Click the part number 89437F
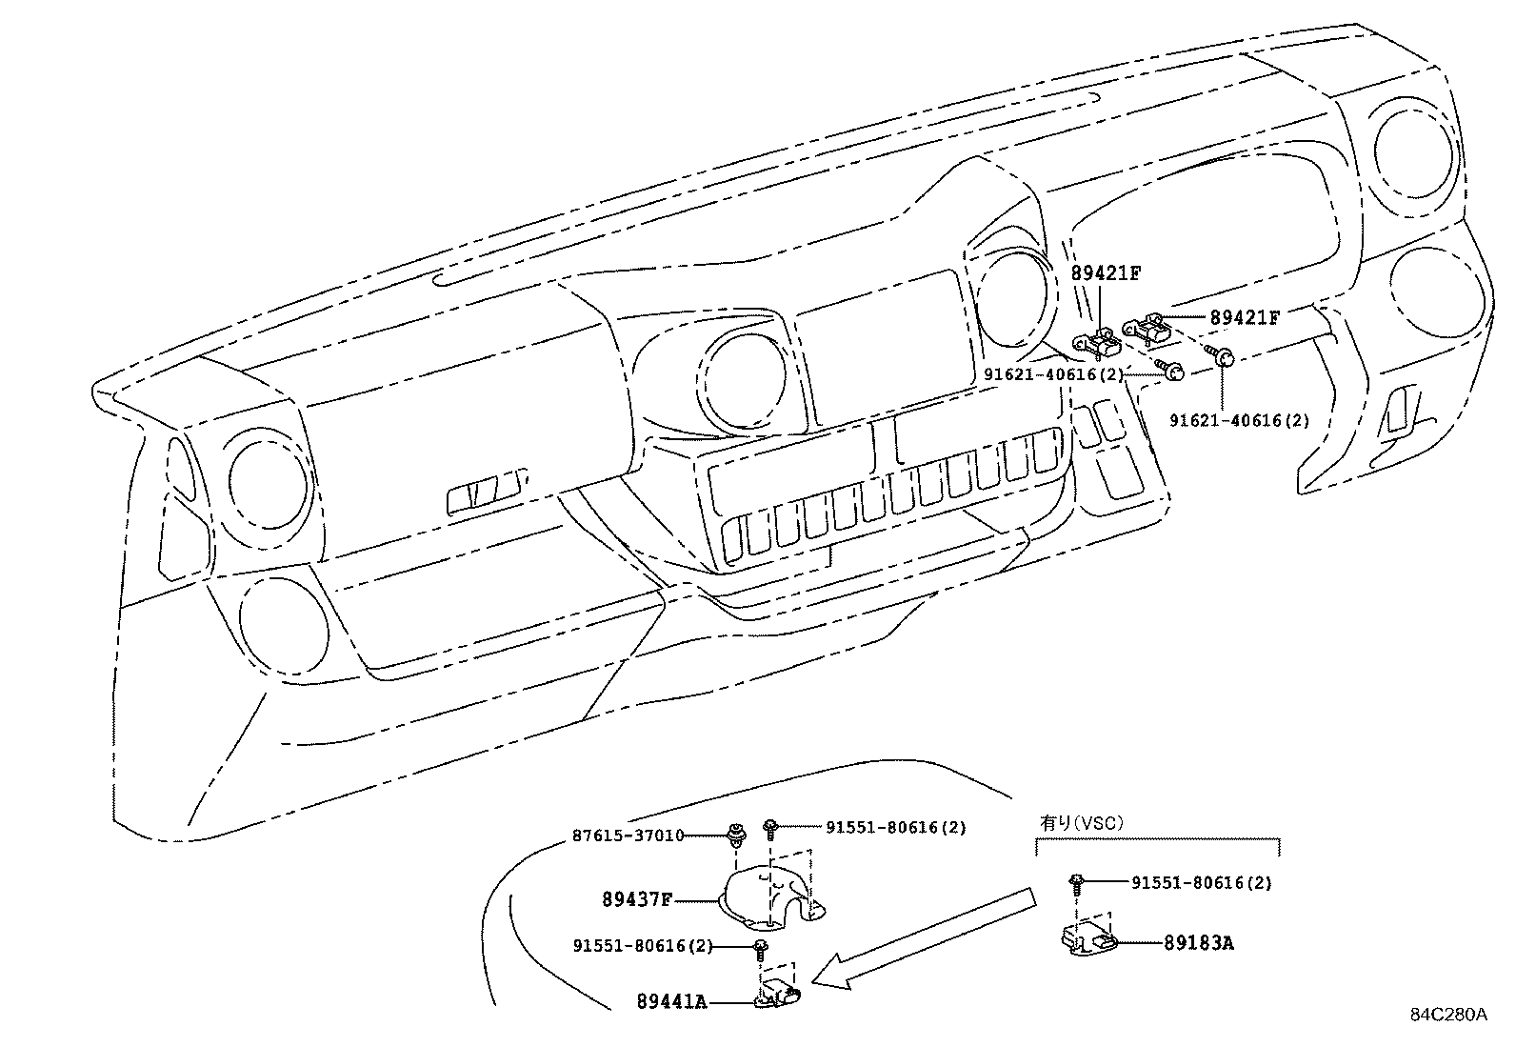click(636, 898)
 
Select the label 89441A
click(671, 1001)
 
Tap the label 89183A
click(1198, 943)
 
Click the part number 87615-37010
click(628, 836)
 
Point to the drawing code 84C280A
click(1447, 1015)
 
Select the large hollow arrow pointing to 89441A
click(924, 937)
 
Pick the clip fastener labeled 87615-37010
click(736, 836)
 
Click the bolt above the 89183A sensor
click(1076, 882)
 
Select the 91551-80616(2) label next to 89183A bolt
click(1201, 883)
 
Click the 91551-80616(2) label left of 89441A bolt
click(643, 946)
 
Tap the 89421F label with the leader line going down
click(1106, 273)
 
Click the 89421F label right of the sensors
click(1244, 318)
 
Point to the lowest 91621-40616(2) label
click(1239, 420)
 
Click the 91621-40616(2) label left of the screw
click(1053, 375)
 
